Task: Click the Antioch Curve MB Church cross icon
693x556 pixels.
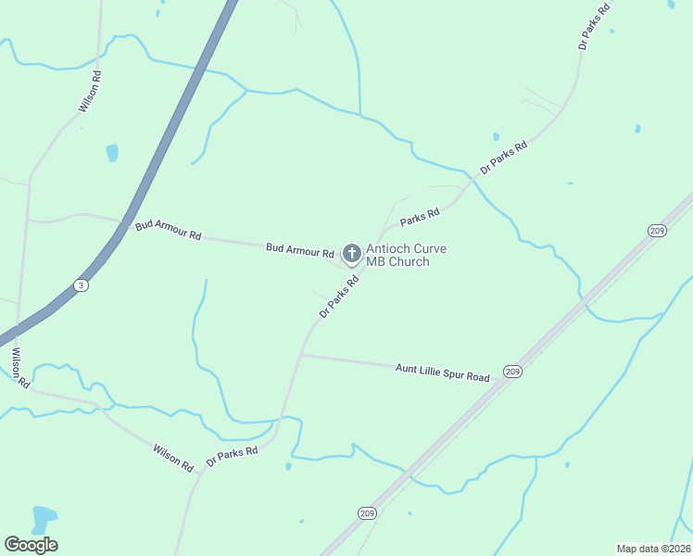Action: tap(352, 253)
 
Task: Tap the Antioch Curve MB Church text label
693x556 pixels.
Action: tap(398, 255)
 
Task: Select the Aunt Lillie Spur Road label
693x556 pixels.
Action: tap(442, 373)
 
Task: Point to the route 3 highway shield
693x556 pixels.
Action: tap(82, 285)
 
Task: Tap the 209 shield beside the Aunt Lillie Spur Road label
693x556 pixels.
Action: tap(512, 371)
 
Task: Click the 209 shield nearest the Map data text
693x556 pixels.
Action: tap(367, 512)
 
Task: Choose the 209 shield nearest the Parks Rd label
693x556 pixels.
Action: tap(657, 230)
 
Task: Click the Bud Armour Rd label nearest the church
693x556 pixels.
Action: tap(299, 250)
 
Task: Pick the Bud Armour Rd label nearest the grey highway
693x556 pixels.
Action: tap(168, 230)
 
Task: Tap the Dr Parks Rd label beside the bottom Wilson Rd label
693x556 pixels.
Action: tap(231, 456)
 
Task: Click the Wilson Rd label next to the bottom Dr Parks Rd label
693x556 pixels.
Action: tap(173, 456)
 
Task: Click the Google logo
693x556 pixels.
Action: tap(31, 545)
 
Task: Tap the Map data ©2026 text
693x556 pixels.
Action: tap(652, 549)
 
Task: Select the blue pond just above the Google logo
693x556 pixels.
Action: tap(43, 519)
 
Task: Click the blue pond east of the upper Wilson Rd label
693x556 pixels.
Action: tap(112, 152)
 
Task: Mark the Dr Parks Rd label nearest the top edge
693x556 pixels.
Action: tap(594, 25)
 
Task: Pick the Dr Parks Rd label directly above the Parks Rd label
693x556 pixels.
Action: tap(504, 158)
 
